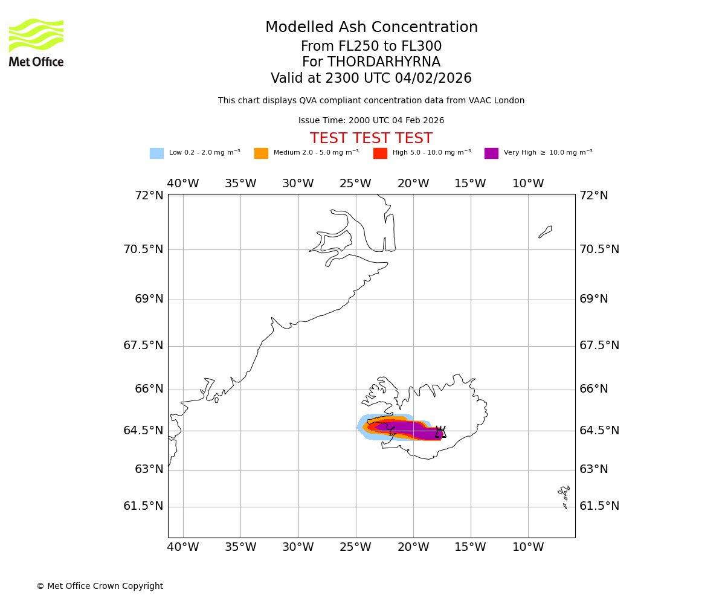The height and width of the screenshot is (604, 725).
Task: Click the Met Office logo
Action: tap(36, 42)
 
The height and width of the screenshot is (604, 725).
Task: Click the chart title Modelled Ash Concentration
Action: tap(371, 28)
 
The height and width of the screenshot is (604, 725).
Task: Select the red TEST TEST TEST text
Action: tap(371, 139)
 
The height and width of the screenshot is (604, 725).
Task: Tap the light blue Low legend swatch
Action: tap(156, 153)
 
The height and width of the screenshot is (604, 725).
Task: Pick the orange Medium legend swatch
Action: tap(261, 153)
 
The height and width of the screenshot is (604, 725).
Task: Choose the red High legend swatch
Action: tap(380, 153)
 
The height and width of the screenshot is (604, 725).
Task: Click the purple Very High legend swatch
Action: tap(491, 153)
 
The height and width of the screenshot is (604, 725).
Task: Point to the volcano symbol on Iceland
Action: tap(440, 432)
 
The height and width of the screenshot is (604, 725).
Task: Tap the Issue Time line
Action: tap(371, 121)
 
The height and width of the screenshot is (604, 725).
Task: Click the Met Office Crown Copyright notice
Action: tap(100, 586)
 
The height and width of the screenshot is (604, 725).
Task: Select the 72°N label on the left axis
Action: tap(149, 196)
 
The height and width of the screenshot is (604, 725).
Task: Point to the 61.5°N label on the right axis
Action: tap(599, 506)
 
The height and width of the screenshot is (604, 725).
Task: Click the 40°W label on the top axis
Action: tap(183, 184)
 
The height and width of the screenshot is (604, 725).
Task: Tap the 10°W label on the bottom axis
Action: tap(528, 547)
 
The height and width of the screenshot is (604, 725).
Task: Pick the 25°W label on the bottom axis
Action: tap(355, 547)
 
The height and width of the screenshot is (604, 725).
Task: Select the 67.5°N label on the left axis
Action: tap(143, 345)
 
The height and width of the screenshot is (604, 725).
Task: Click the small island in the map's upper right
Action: tap(546, 231)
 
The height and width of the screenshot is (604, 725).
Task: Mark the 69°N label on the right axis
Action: tap(594, 299)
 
